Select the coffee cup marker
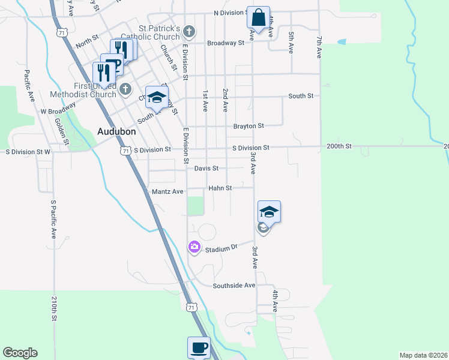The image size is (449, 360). (199, 347)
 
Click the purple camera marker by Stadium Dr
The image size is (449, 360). (194, 247)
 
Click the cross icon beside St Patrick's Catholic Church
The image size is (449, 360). (189, 31)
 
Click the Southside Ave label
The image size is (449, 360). (234, 286)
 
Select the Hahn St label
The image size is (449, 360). (220, 188)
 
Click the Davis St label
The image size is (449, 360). (206, 169)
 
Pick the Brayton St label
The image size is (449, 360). (249, 126)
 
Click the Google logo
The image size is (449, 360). (20, 353)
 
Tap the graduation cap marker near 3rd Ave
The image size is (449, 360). (270, 211)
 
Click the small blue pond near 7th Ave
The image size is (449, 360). (342, 42)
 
